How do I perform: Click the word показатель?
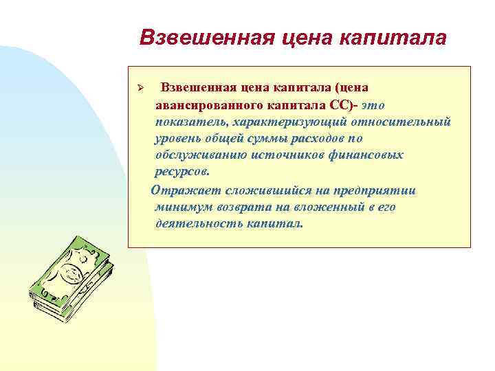pos(189,122)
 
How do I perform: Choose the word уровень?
pos(177,139)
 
